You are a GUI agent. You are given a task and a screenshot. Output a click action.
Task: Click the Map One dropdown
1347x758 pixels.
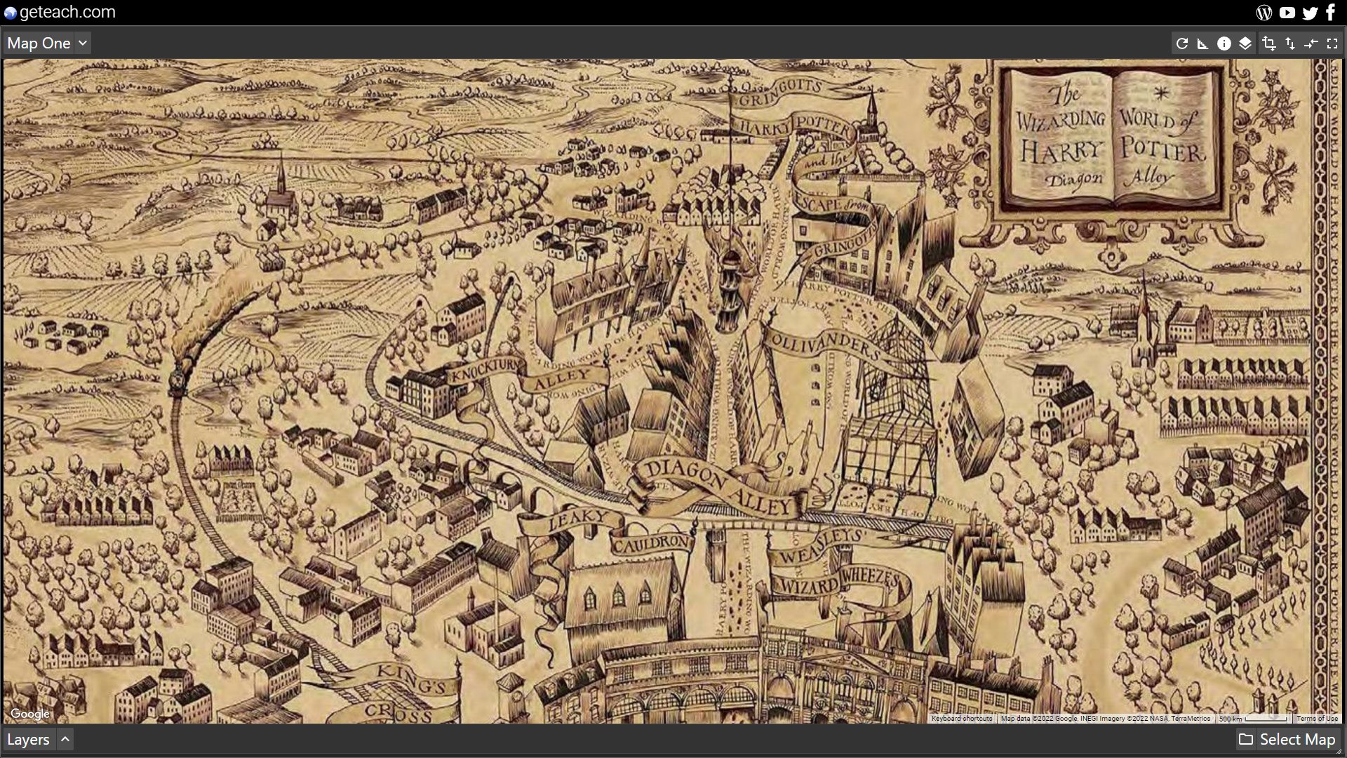tap(47, 44)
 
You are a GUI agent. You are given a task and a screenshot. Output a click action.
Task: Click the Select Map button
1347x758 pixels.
tap(1287, 739)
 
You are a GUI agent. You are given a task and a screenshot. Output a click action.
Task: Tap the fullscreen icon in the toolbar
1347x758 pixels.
tap(1332, 44)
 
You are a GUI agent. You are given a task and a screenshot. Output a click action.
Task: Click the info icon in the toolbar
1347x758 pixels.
tap(1224, 44)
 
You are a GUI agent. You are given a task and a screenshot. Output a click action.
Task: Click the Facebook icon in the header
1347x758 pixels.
tap(1330, 12)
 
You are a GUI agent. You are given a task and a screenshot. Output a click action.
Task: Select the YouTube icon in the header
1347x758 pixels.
tap(1287, 12)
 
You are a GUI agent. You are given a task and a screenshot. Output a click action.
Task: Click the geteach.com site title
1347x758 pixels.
tap(67, 12)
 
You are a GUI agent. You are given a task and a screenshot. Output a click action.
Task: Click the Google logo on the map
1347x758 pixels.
tap(30, 714)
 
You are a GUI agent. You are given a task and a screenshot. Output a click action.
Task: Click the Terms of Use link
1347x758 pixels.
tap(1317, 719)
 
